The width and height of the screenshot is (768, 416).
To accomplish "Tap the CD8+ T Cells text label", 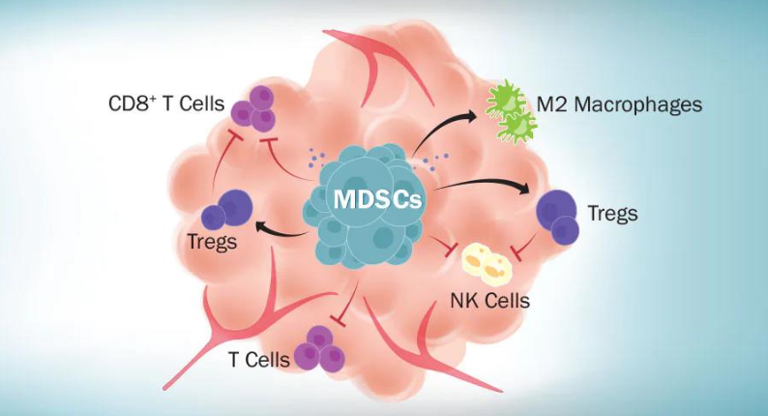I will click(x=166, y=103).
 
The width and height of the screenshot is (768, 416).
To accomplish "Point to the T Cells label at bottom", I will click(x=258, y=360).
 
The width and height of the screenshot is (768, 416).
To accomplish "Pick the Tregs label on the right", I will click(x=611, y=213).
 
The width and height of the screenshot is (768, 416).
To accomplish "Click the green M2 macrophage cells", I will click(x=511, y=110).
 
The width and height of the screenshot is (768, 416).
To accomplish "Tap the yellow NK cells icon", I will click(x=486, y=261).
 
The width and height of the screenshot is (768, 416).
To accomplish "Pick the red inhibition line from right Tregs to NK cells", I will click(x=528, y=247).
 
